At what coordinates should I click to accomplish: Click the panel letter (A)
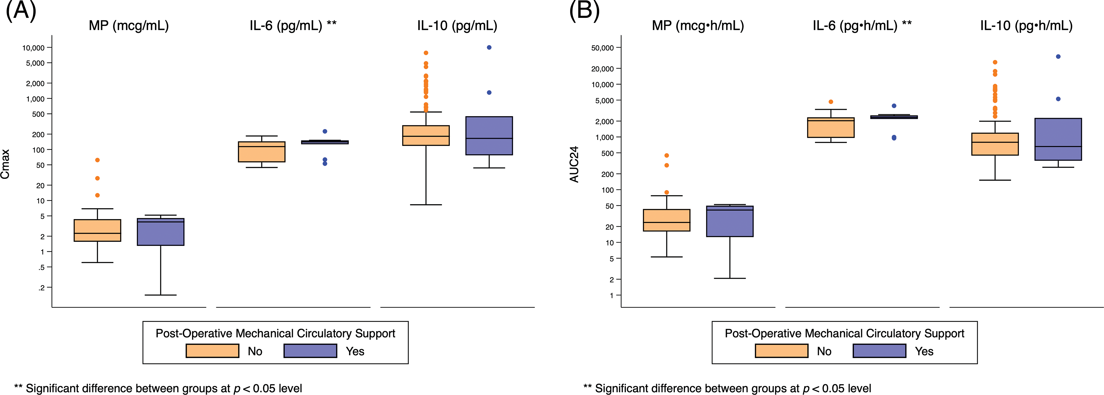click(21, 10)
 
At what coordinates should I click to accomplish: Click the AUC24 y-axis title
click(574, 164)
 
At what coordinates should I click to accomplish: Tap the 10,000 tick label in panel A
click(34, 48)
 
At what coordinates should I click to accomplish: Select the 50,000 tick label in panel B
click(603, 48)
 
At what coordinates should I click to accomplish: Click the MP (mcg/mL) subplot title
click(129, 26)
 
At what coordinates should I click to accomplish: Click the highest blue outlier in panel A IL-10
click(489, 48)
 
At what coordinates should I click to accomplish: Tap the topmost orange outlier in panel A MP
click(97, 160)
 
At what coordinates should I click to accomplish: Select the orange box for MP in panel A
click(97, 230)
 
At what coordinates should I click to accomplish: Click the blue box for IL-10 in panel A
click(489, 135)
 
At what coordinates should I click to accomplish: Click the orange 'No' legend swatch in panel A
click(212, 351)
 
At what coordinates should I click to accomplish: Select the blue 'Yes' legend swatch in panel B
click(879, 351)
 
